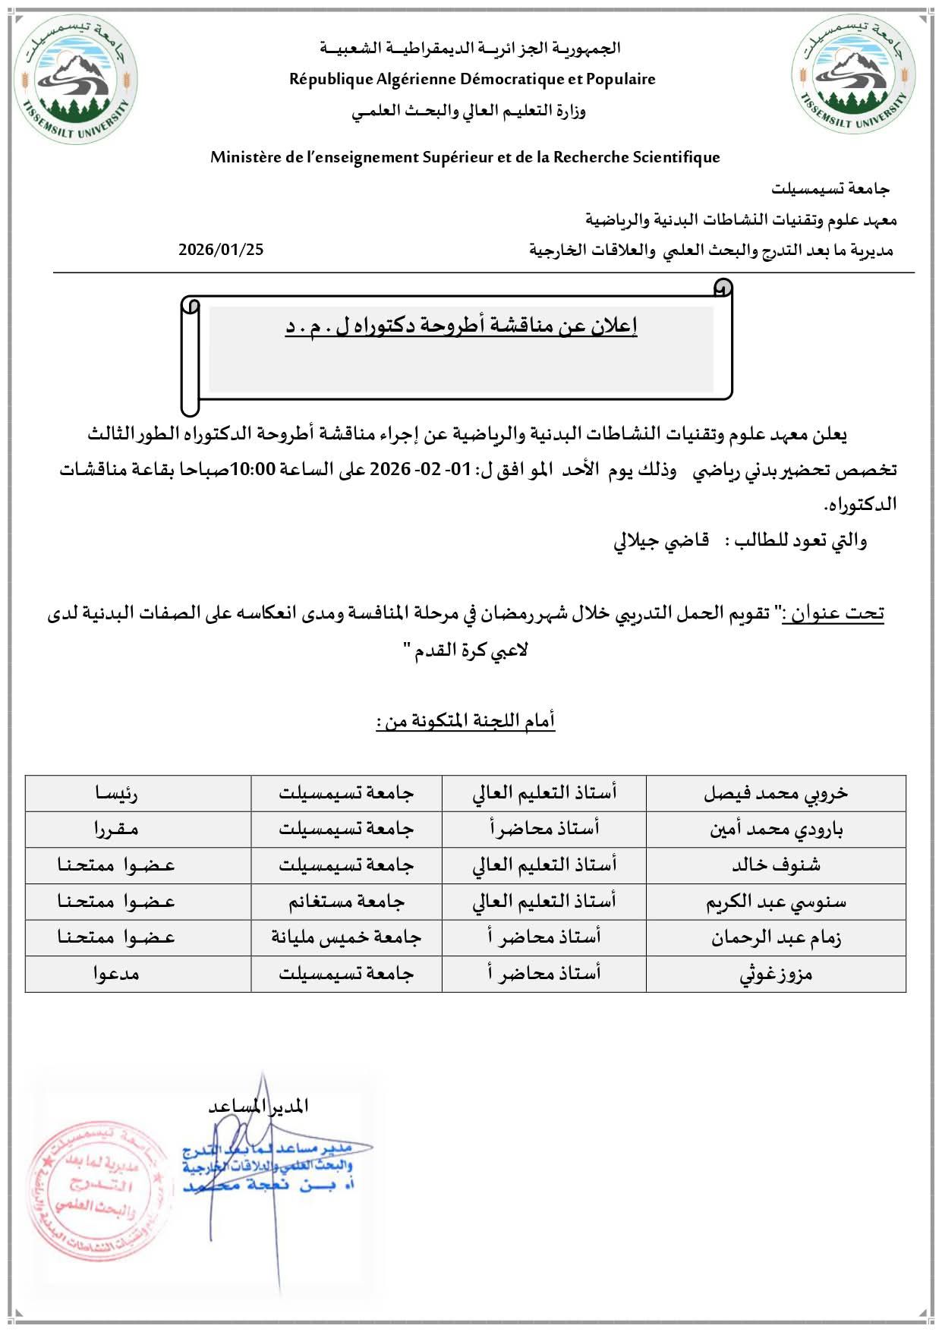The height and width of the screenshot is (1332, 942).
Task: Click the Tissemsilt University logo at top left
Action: tap(76, 78)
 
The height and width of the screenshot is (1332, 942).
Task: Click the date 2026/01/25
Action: tap(221, 250)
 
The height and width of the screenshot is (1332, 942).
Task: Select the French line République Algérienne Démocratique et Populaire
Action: tap(472, 79)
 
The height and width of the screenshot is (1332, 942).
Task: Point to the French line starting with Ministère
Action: tap(465, 157)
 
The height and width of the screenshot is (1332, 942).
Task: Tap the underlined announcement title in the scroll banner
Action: tap(461, 326)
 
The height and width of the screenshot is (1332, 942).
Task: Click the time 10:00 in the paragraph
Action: tap(252, 470)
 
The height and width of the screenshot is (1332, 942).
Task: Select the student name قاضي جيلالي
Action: tap(661, 540)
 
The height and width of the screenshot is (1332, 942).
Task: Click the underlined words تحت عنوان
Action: tap(833, 612)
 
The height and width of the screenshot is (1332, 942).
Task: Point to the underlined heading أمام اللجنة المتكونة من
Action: tap(466, 720)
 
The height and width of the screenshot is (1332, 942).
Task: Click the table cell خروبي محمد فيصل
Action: tap(775, 793)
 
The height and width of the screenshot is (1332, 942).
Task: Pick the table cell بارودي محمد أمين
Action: tap(775, 829)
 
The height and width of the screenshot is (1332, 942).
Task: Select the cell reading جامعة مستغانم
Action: tap(346, 902)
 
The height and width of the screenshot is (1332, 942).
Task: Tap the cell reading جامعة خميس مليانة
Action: tap(346, 937)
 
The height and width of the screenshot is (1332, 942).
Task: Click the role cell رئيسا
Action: tap(116, 793)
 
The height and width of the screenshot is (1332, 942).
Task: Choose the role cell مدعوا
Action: tap(116, 974)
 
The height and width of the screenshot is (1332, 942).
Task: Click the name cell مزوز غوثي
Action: tap(775, 974)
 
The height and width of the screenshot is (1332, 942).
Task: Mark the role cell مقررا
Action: tap(116, 829)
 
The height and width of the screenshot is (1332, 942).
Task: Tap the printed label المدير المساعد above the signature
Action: tap(258, 1106)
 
